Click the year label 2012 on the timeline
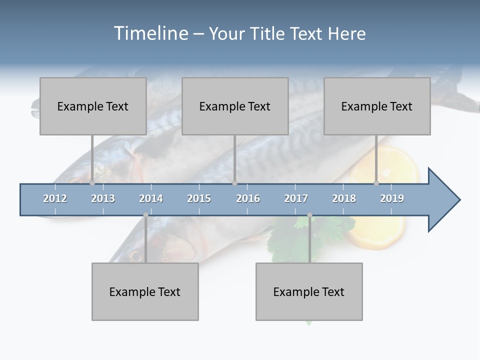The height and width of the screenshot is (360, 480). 55,198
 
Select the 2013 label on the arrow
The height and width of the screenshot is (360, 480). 103,198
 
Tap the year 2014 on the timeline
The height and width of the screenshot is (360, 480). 151,198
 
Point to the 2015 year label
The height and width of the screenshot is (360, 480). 199,198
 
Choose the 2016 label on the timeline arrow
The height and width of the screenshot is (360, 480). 248,198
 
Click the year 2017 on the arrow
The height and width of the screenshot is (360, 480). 296,198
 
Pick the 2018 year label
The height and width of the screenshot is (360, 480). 344,198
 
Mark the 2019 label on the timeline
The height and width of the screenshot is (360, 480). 392,198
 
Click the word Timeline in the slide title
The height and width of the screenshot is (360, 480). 150,33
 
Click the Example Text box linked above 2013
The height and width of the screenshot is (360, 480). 93,106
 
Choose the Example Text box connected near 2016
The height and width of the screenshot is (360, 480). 235,106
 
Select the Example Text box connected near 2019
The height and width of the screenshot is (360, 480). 377,106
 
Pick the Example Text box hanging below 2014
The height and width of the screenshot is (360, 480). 145,291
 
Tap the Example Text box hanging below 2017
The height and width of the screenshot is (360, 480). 309,291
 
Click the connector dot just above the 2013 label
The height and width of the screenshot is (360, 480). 92,183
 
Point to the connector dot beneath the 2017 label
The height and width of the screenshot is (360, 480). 309,215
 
